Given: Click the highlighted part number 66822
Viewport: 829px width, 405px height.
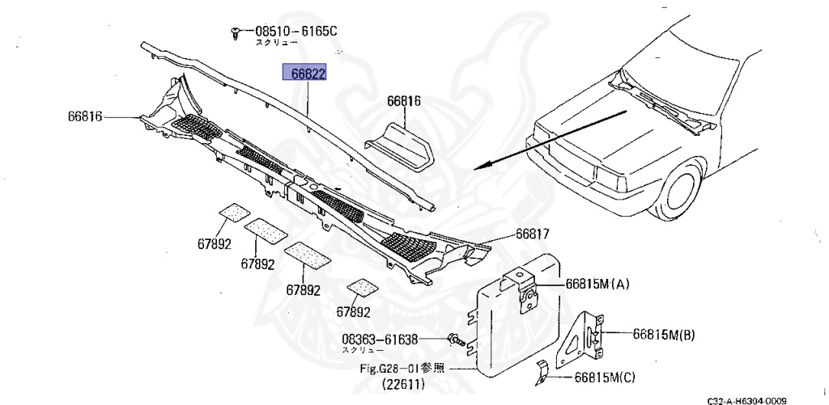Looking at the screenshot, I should click(x=304, y=74).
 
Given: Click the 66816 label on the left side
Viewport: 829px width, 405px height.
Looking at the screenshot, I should click(x=85, y=116).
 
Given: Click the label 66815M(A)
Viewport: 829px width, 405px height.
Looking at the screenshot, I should click(x=597, y=284).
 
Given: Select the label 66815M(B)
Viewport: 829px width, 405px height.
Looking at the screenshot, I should click(x=664, y=333).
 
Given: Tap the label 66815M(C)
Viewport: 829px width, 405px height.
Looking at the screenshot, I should click(x=606, y=377).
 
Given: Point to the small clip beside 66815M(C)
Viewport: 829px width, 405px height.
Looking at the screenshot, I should click(x=546, y=373).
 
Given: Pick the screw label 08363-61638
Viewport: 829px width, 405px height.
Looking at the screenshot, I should click(x=380, y=340).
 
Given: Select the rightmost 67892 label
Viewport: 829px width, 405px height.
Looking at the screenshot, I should click(x=354, y=311).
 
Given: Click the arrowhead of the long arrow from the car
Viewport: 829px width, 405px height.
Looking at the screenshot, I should click(x=480, y=167).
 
